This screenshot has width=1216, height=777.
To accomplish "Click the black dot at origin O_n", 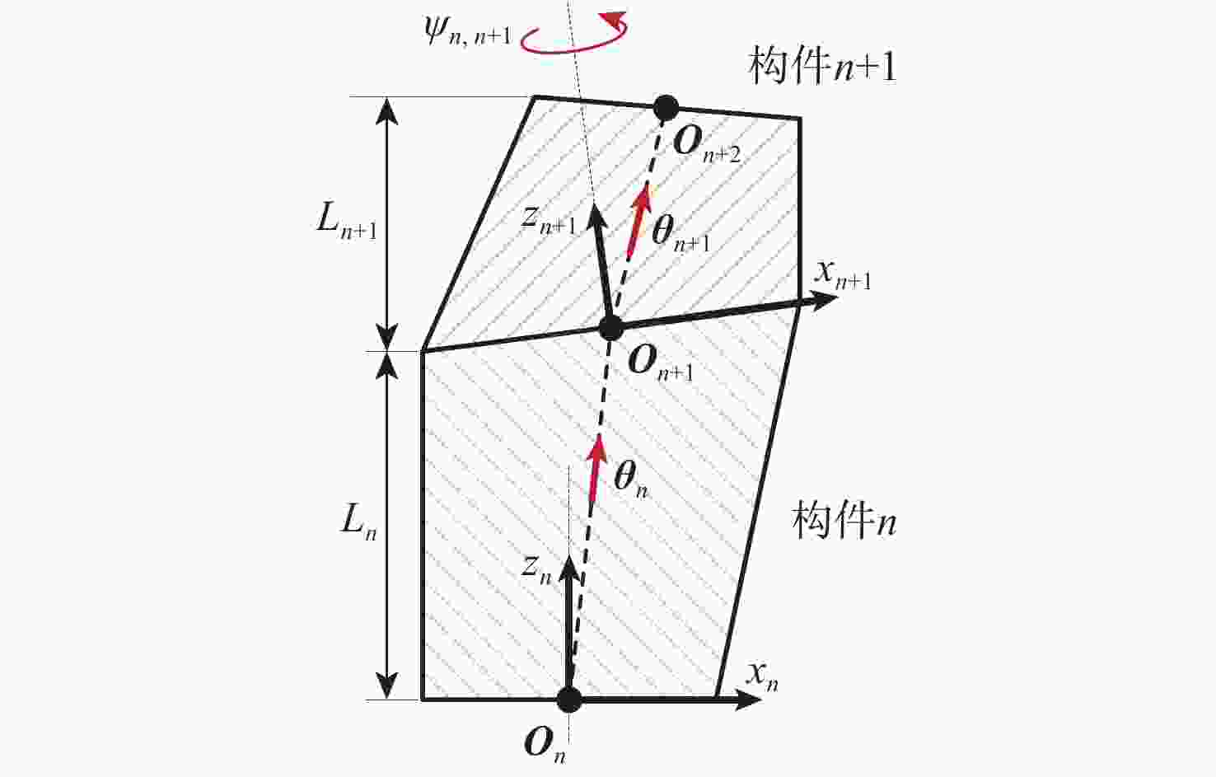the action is tap(569, 700).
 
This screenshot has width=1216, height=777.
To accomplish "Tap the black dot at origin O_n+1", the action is tap(611, 328).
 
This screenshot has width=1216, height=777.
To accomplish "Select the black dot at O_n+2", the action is tap(666, 107).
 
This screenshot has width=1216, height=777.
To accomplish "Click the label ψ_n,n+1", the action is tap(469, 32).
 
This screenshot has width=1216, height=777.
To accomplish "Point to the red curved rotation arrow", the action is tap(574, 34).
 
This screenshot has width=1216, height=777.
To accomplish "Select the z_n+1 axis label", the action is tap(549, 221).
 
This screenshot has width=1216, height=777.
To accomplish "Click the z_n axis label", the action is tap(536, 570).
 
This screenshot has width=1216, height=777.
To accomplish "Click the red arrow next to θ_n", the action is tap(596, 468).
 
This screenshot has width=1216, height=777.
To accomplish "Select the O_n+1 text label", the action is tap(661, 364).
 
